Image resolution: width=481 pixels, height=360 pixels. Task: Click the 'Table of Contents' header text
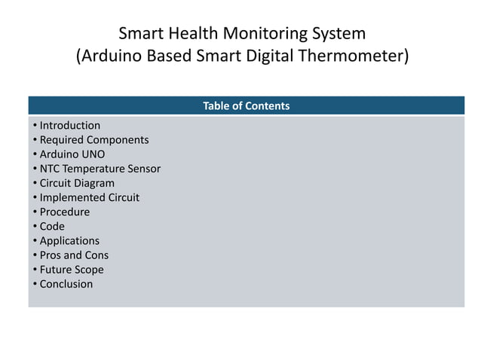click(x=246, y=106)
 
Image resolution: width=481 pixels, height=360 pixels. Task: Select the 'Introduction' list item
click(x=69, y=126)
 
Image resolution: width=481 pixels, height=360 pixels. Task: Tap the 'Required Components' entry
click(x=93, y=140)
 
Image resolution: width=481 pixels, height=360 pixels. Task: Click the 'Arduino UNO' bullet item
click(x=72, y=154)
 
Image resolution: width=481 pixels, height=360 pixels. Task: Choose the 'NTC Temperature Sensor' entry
click(x=100, y=169)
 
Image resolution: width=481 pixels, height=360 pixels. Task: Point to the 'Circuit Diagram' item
click(x=77, y=183)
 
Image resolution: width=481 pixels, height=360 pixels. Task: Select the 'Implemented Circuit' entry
click(x=89, y=197)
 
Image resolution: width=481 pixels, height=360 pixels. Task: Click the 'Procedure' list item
click(x=64, y=212)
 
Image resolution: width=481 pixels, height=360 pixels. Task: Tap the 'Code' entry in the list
click(x=52, y=226)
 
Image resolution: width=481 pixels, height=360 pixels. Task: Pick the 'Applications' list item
click(x=69, y=241)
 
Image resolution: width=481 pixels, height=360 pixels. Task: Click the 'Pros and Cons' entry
click(x=74, y=255)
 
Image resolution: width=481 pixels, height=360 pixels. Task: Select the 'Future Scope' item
click(x=72, y=270)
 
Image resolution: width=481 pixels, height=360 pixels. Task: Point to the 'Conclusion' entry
click(x=66, y=284)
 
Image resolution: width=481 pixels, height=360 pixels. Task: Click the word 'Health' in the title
click(x=188, y=34)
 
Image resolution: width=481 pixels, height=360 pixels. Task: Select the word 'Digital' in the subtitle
click(x=279, y=57)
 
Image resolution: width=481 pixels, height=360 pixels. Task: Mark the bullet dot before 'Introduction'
click(x=34, y=126)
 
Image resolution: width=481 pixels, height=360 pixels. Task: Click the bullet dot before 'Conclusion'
click(x=34, y=284)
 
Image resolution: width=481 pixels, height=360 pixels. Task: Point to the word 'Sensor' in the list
click(x=143, y=169)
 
